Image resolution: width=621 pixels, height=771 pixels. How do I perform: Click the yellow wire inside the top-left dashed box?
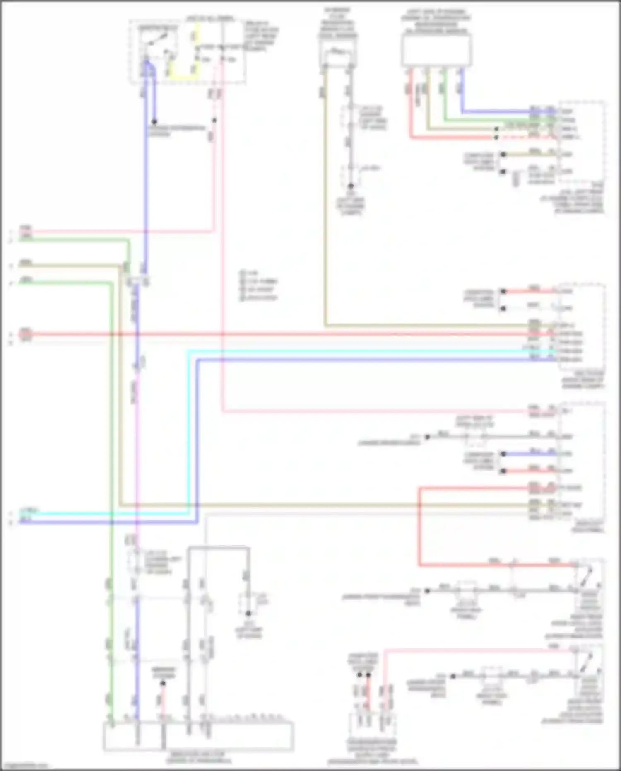182,77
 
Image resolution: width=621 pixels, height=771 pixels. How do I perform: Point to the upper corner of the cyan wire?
189,352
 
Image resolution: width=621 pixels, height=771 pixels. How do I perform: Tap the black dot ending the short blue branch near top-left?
154,122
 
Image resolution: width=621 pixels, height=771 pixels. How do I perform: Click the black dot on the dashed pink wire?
214,121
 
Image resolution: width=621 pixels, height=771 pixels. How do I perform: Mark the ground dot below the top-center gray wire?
351,186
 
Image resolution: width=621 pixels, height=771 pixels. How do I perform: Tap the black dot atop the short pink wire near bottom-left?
163,683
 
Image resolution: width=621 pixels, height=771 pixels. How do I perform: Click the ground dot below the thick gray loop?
248,614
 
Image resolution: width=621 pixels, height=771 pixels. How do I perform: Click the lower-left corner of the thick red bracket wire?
419,565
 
